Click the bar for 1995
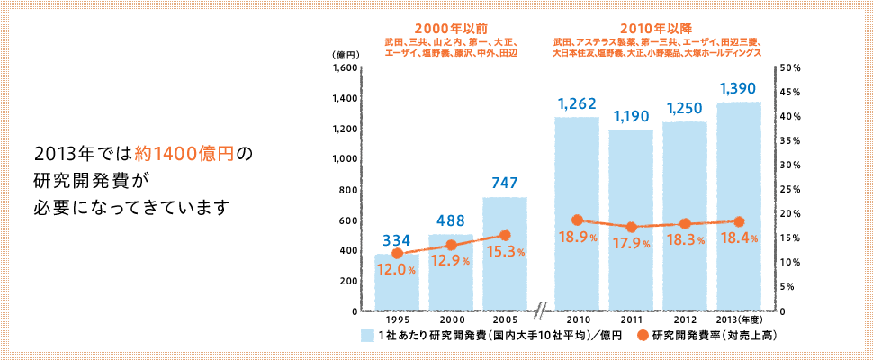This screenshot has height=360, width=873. point(397,283)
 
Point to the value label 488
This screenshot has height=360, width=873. point(451,220)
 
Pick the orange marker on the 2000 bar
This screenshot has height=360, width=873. point(451,245)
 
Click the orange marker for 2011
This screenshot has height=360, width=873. point(631,228)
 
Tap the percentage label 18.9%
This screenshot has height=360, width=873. point(576,238)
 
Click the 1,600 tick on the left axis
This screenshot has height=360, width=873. point(345,67)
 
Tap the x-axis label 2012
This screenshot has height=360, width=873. point(685,319)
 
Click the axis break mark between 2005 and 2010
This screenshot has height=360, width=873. point(541,312)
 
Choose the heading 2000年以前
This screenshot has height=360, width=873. point(450,27)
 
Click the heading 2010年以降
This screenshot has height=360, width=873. point(657,27)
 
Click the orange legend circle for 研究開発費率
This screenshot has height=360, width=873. point(643,336)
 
